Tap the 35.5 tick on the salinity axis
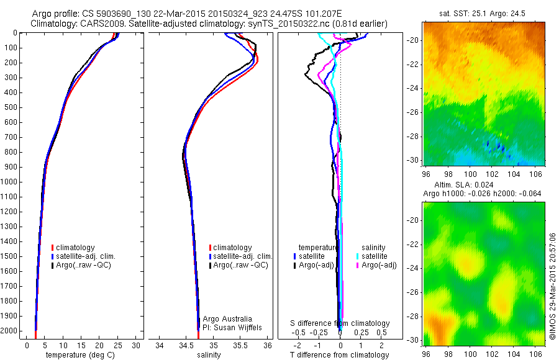coord(240,344)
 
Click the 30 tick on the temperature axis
coord(137,344)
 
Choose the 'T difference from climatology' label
coord(340,355)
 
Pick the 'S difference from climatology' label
coord(340,323)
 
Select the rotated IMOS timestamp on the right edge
coord(553,286)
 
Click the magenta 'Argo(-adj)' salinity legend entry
coord(379,265)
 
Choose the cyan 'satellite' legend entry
coord(375,256)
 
